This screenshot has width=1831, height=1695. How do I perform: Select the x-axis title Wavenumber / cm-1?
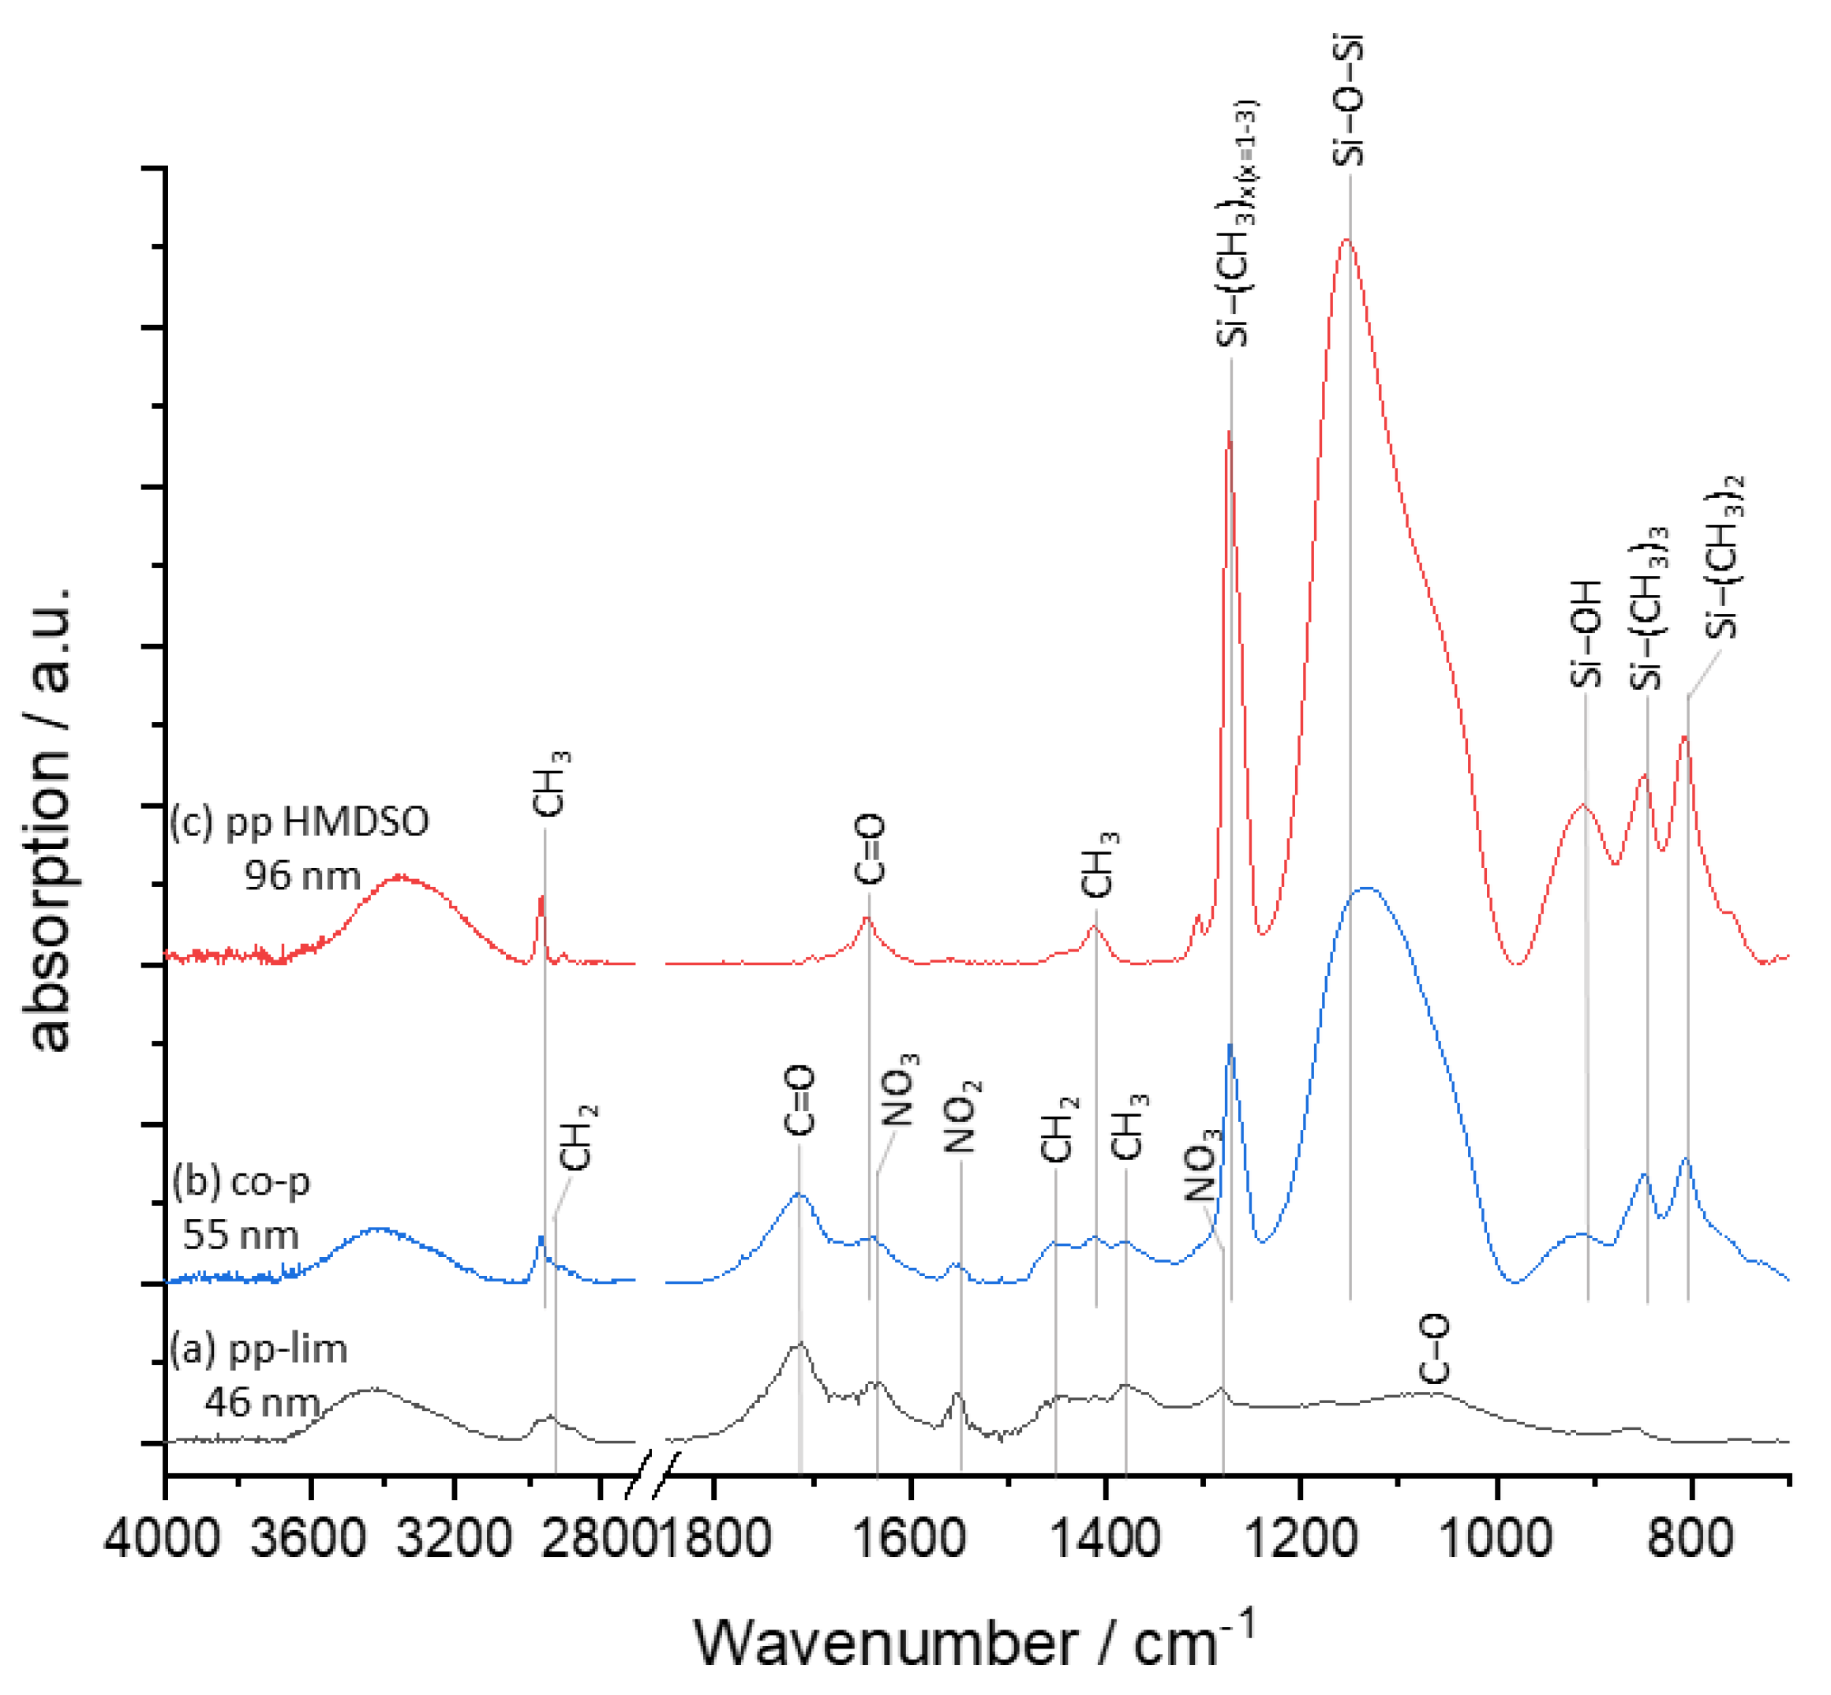[972, 1643]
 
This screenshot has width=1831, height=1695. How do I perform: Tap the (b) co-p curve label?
[242, 1181]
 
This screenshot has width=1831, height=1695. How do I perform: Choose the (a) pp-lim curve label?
[259, 1349]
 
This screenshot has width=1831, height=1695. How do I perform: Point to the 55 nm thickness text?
[241, 1236]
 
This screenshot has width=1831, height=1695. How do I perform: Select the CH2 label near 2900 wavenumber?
[578, 1137]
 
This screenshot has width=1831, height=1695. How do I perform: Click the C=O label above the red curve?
[869, 848]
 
